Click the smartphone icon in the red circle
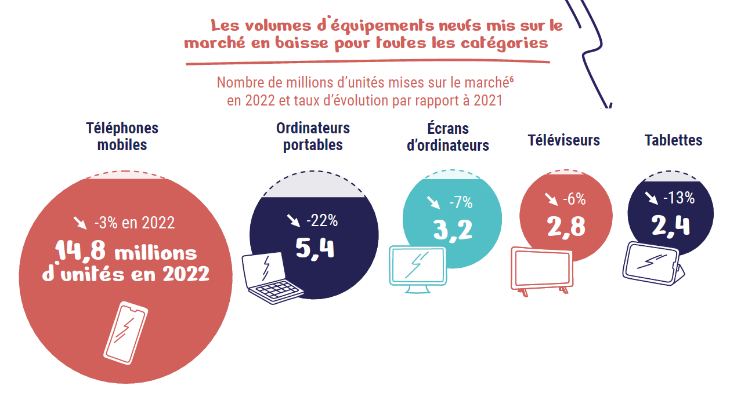[125, 333]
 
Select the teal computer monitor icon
[417, 267]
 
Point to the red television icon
[541, 270]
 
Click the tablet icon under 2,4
[653, 262]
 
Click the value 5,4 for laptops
[315, 248]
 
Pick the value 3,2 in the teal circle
[453, 230]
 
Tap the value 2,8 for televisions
[566, 226]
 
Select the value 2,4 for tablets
[670, 225]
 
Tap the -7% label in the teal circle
[461, 203]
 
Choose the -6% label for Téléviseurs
[574, 199]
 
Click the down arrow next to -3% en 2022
[79, 222]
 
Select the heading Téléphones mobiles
[122, 136]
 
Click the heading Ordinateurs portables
[313, 136]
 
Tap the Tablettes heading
[673, 140]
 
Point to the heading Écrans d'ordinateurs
[447, 137]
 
